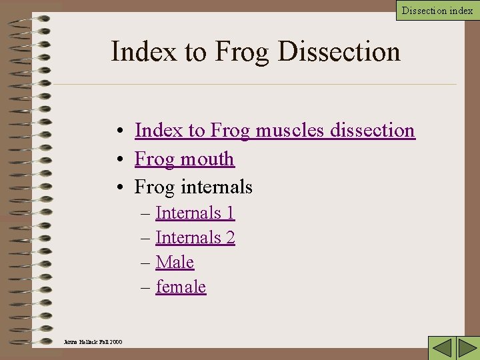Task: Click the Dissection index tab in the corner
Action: (437, 10)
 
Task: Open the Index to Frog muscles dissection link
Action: (275, 130)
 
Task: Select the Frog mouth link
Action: (185, 159)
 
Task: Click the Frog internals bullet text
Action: (193, 187)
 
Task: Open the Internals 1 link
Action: (195, 213)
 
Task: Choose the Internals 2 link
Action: (195, 237)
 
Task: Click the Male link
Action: (175, 262)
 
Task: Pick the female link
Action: (181, 287)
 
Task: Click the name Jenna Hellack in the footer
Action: (81, 342)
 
